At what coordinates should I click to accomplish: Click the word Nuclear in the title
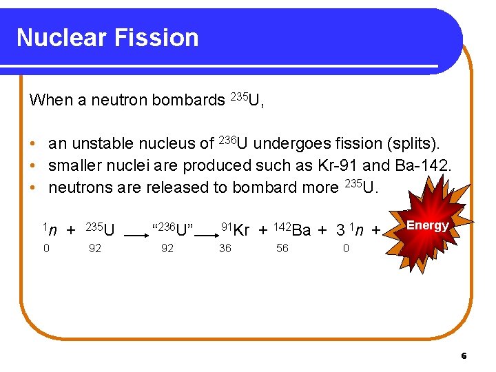coord(60,37)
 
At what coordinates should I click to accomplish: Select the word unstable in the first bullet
coord(97,144)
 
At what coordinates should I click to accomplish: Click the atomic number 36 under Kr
coord(225,249)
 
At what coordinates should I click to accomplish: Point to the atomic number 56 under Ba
coord(282,249)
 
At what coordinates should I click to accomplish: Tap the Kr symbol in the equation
coord(241,230)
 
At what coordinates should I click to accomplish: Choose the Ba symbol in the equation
coord(301,230)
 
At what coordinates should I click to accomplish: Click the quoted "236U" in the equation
coord(172,229)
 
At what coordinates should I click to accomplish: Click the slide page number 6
coord(464,356)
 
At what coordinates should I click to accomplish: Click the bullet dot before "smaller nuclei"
coord(33,166)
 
